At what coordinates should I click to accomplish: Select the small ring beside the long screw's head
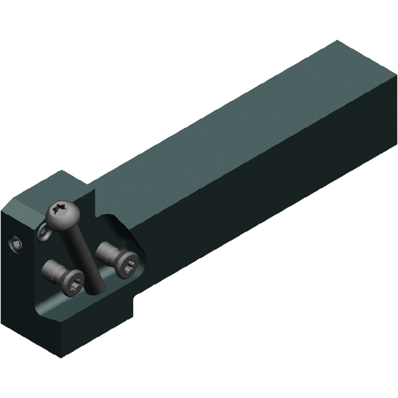(44, 232)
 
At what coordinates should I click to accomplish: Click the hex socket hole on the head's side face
(15, 246)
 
